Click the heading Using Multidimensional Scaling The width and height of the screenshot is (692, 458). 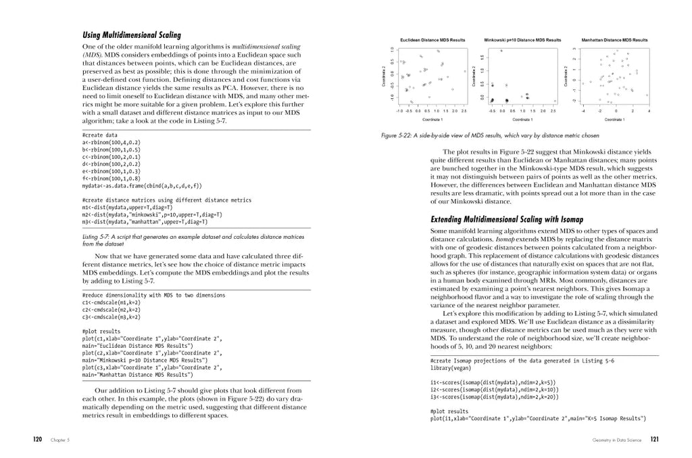point(131,35)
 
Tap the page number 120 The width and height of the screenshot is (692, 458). point(38,439)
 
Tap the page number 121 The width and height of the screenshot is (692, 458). point(654,439)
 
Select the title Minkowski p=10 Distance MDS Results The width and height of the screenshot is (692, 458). point(522,41)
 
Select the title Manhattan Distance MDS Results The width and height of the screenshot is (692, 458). point(614,41)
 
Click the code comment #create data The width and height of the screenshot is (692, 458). point(99,135)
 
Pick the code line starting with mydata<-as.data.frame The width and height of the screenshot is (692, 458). point(142,185)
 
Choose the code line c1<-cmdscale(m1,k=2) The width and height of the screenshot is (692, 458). point(112,302)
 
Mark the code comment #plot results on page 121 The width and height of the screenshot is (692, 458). point(449,411)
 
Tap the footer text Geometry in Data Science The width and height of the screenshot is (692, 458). point(616,440)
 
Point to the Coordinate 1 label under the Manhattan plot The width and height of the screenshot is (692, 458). point(614,119)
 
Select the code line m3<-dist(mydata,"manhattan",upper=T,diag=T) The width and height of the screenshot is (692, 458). point(145,221)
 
